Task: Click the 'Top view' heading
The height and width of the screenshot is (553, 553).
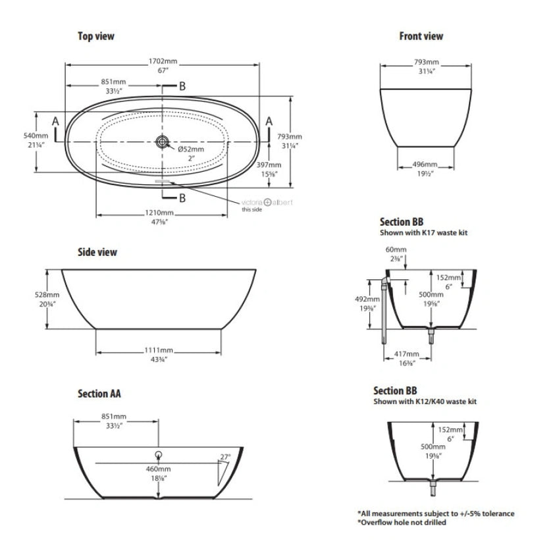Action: [x=95, y=36]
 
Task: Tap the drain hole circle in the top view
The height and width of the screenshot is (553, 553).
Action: [x=162, y=141]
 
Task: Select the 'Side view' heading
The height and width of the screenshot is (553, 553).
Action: [x=97, y=252]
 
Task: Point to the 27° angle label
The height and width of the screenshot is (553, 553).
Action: [x=226, y=456]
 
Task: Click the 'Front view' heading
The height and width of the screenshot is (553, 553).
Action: [x=421, y=36]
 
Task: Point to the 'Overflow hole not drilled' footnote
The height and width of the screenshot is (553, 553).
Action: [x=402, y=522]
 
